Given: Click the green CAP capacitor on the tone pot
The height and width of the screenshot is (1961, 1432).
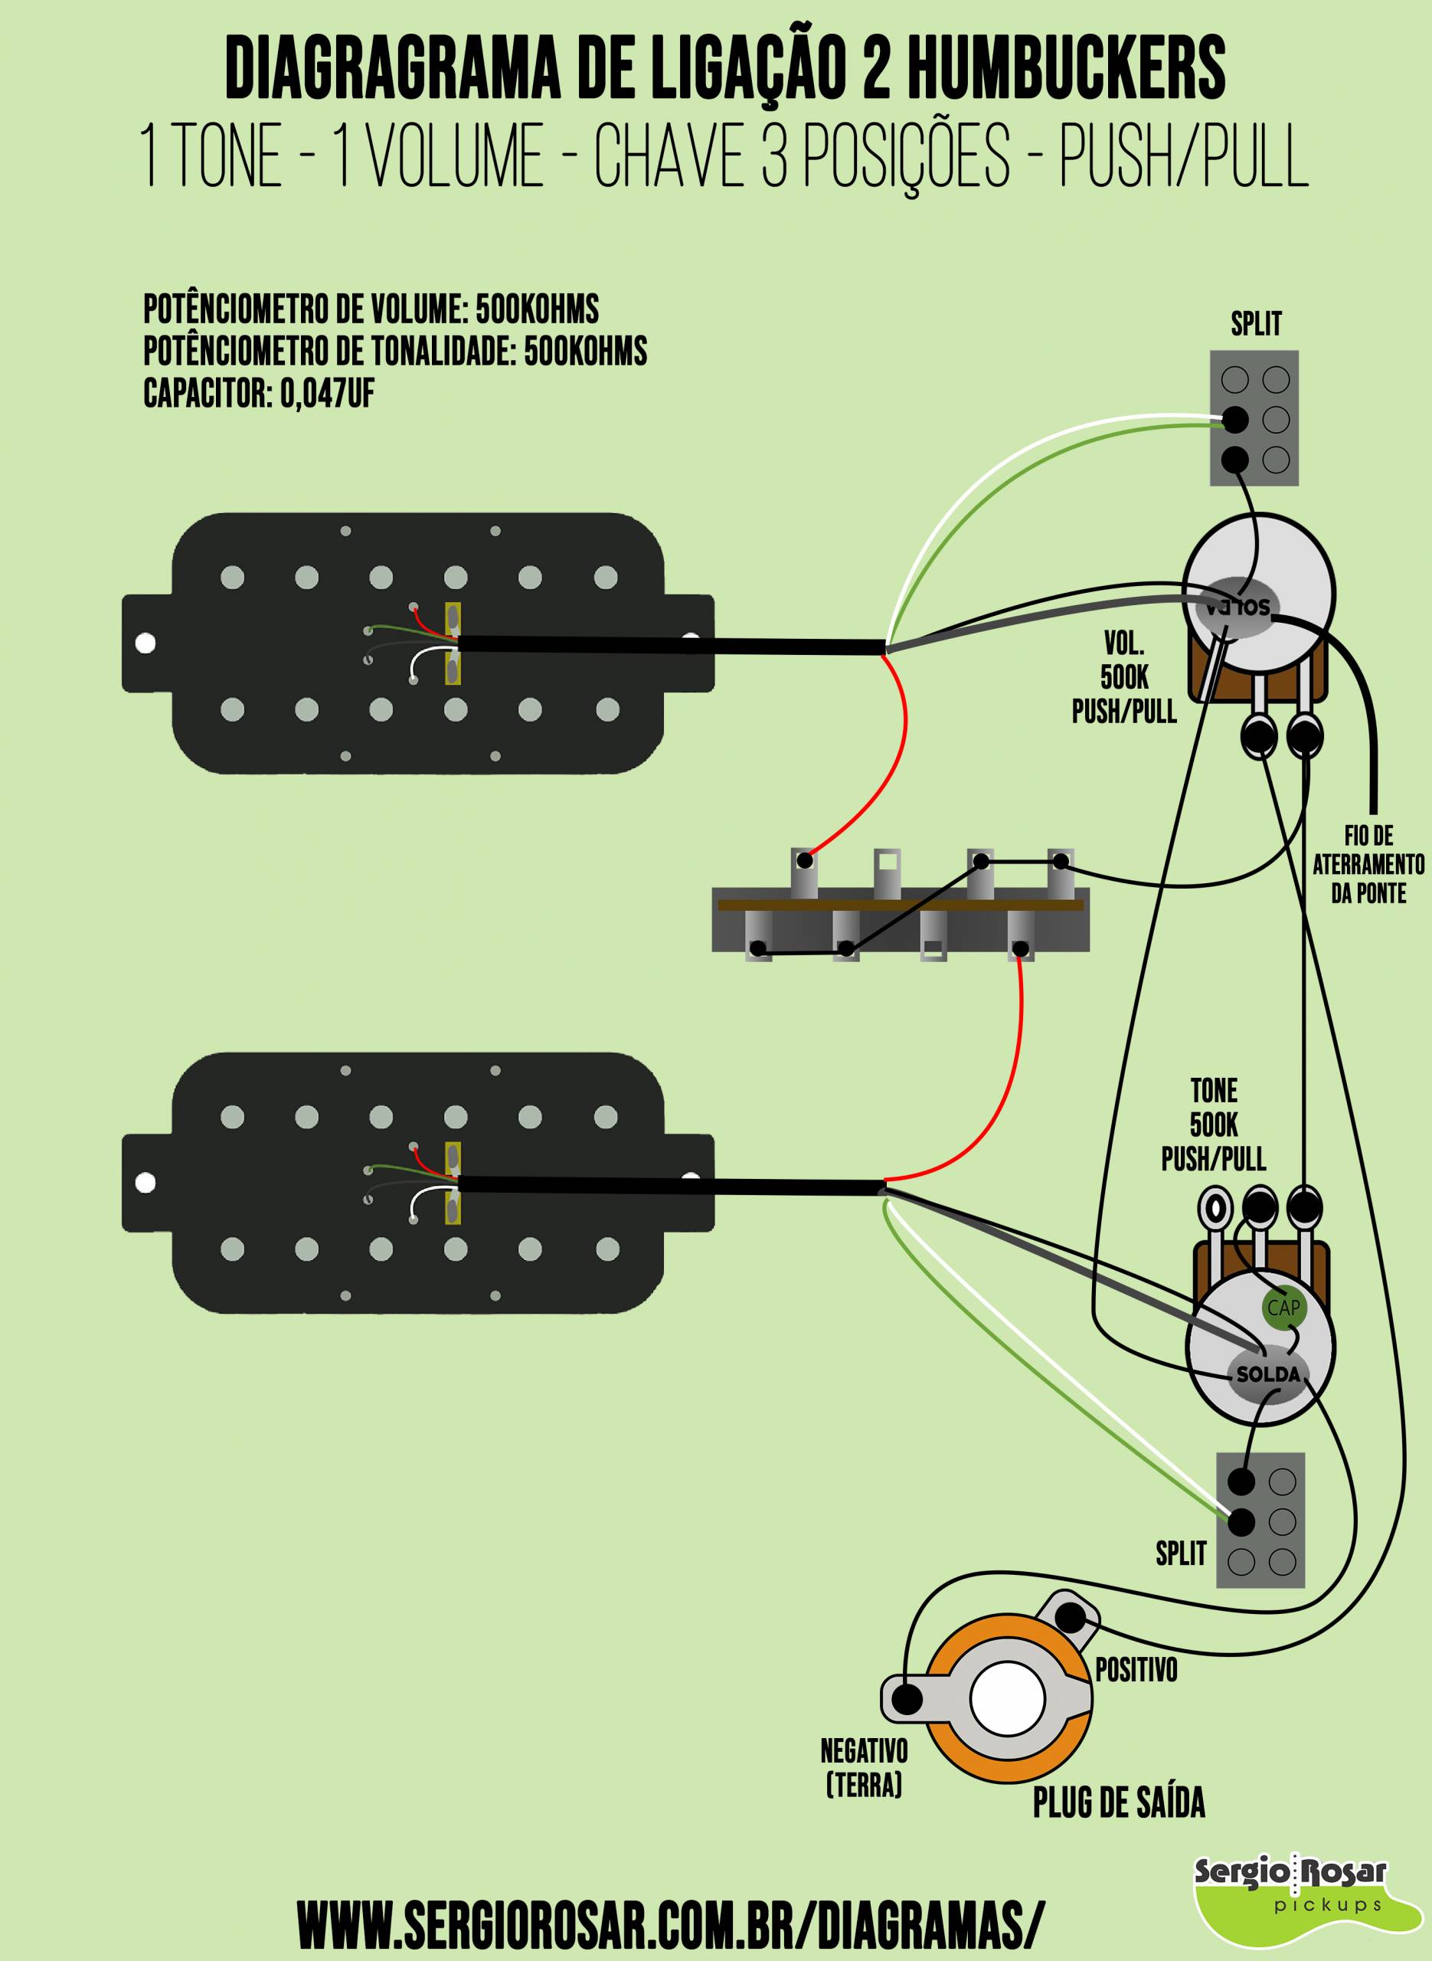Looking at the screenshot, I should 1283,1308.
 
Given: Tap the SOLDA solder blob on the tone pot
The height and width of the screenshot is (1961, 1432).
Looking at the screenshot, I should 1267,1374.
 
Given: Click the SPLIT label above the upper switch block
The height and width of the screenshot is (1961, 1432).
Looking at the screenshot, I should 1256,323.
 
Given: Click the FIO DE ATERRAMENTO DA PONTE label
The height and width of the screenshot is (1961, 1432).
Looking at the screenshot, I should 1368,864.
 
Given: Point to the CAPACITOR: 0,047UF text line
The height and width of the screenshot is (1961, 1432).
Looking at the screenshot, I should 259,394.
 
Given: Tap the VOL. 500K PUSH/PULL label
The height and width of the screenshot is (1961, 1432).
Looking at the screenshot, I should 1123,677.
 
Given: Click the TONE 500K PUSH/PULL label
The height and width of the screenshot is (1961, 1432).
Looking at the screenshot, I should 1214,1124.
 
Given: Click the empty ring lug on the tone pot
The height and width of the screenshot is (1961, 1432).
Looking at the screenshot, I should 1215,1206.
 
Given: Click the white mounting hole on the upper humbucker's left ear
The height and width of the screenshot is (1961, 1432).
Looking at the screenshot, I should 145,643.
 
